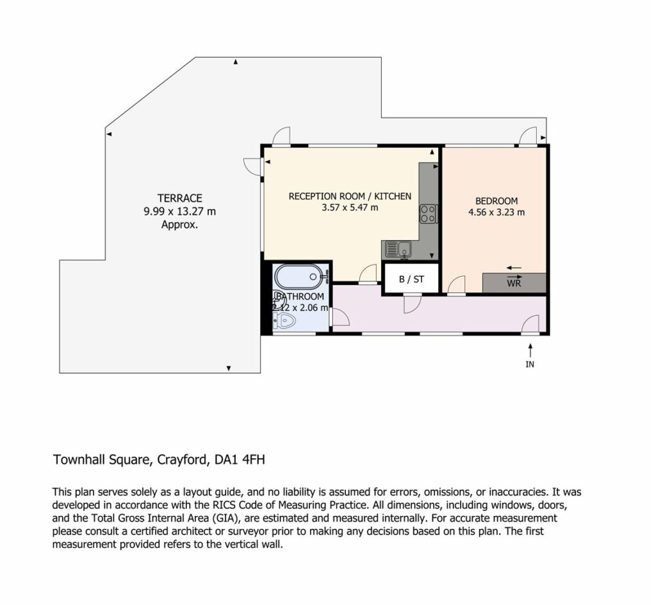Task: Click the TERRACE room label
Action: [179, 198]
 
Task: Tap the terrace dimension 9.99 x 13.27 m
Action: [180, 211]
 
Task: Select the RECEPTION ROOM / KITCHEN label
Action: [350, 196]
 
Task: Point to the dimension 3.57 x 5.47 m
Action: [350, 208]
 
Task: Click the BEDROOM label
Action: [496, 201]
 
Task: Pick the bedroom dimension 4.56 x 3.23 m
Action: [496, 212]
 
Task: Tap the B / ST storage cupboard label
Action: [411, 279]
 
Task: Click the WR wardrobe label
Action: [514, 283]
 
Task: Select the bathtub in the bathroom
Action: [300, 277]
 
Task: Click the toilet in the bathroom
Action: [285, 322]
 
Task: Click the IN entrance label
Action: [530, 365]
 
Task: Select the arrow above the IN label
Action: [530, 351]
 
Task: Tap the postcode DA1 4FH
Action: [240, 460]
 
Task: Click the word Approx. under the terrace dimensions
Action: [179, 225]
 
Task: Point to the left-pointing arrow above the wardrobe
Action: [514, 268]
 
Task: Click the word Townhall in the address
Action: [79, 460]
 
